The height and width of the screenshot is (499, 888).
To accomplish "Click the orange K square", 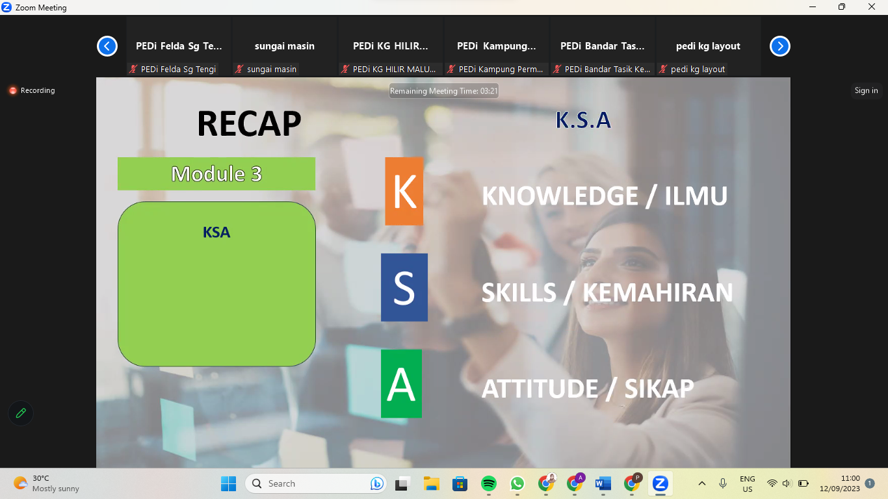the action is (404, 191).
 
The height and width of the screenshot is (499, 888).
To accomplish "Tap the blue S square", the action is (404, 287).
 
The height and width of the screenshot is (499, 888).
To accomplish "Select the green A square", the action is (401, 383).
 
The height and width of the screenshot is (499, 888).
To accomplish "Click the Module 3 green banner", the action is (216, 173).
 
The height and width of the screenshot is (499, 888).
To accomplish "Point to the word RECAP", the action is (249, 123).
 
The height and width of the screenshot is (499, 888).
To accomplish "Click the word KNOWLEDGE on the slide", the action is (560, 196).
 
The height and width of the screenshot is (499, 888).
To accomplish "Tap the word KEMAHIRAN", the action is (658, 292).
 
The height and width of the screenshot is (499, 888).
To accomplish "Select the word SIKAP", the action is (659, 389).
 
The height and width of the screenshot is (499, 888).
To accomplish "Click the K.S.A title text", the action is (583, 120).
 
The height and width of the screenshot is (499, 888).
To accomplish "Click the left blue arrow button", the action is (107, 46).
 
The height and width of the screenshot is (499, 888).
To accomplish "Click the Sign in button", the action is (866, 90).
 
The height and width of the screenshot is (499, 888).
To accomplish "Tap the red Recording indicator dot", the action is (13, 90).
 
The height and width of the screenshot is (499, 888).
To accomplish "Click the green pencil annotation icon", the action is (21, 413).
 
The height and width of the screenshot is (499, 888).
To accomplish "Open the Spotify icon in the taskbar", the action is (488, 483).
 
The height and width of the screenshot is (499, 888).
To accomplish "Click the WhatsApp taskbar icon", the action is (517, 483).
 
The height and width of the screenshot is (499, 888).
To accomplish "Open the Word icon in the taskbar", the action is (603, 483).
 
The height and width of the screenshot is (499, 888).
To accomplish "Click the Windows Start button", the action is (228, 483).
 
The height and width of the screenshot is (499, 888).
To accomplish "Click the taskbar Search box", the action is (315, 483).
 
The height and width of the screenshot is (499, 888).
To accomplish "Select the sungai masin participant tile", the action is (285, 46).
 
